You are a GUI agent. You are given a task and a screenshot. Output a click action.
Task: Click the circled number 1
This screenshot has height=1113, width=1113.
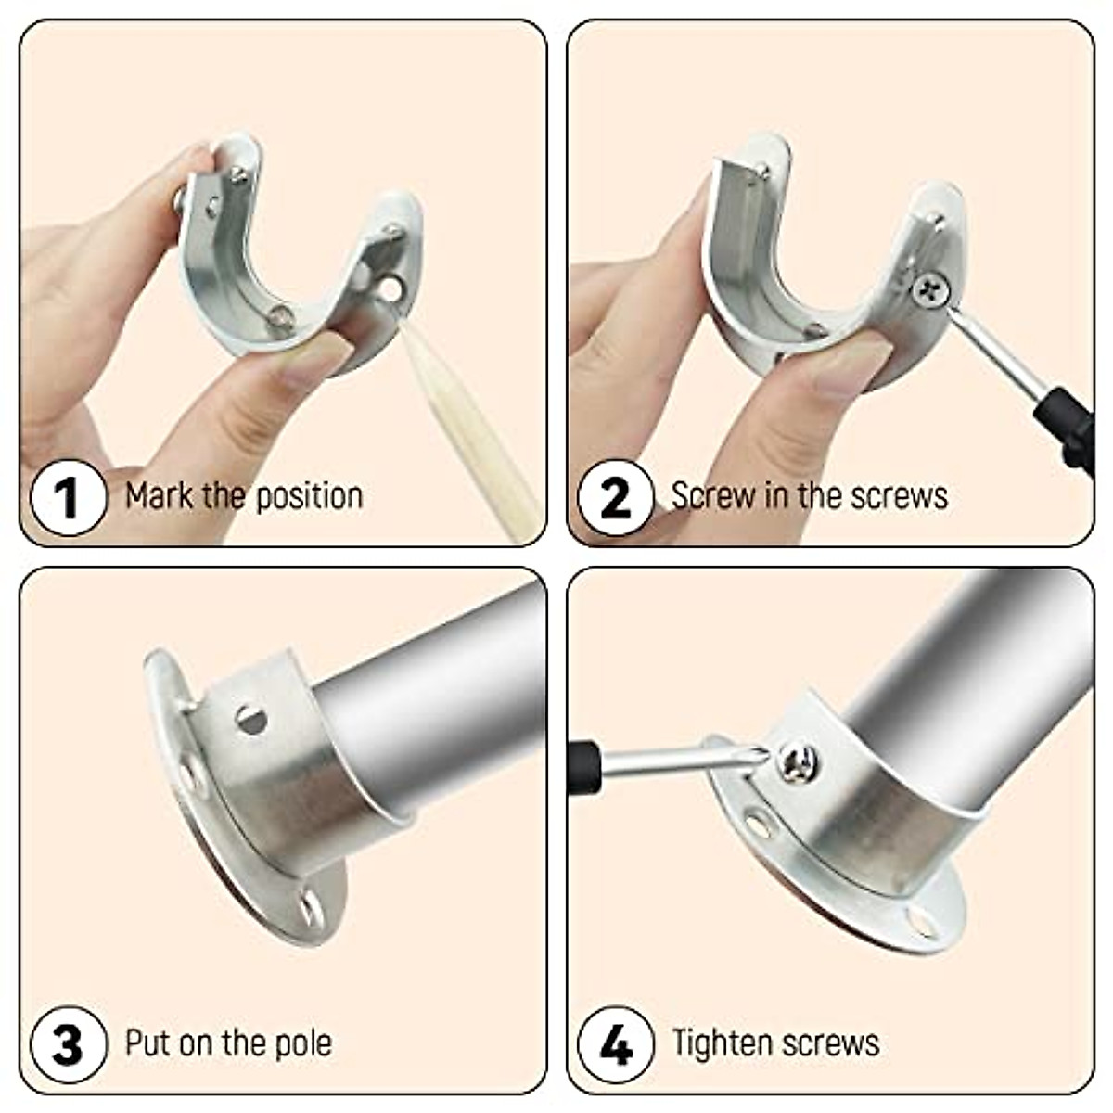click(68, 498)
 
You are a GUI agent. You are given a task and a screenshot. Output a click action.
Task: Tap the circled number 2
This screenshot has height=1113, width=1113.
click(615, 498)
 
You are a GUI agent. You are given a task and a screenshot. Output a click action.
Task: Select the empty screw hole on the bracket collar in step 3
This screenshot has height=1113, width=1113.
click(250, 718)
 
